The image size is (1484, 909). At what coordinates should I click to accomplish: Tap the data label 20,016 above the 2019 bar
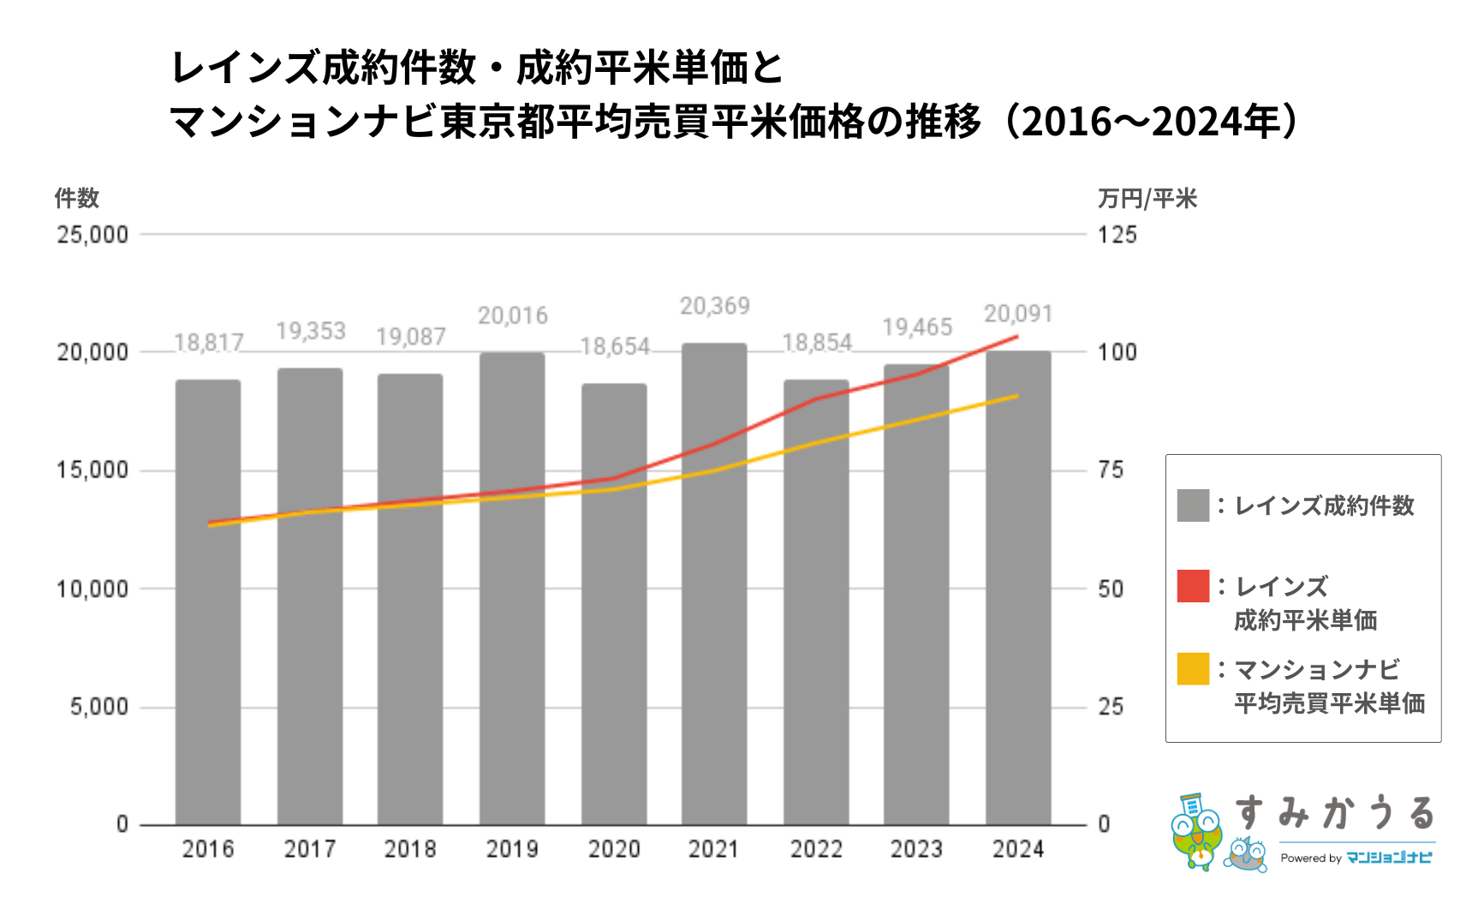point(512,316)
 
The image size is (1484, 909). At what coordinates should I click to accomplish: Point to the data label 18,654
point(615,347)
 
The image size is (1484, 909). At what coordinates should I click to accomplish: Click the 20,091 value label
point(1017,314)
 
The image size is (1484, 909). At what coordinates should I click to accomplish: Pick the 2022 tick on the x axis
point(815,849)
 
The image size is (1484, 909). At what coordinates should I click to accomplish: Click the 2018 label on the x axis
point(410,849)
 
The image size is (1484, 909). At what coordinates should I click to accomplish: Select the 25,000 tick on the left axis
point(92,235)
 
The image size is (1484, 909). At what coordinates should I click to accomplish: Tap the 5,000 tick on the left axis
point(99,707)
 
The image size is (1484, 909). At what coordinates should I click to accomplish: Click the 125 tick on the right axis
point(1117,235)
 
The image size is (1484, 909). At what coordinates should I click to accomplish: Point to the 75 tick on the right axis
point(1111,470)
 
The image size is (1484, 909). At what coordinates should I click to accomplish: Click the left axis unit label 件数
point(77,199)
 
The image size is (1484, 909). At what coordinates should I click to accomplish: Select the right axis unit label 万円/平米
point(1147,199)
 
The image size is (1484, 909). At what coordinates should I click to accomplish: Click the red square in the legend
point(1193,586)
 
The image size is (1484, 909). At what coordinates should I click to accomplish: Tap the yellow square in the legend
point(1193,669)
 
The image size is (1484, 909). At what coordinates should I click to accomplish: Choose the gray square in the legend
point(1193,505)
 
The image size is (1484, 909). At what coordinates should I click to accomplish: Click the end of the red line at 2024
point(1016,337)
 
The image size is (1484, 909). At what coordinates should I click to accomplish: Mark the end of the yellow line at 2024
point(1016,396)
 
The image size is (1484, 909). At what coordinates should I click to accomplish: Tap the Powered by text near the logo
point(1310,858)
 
